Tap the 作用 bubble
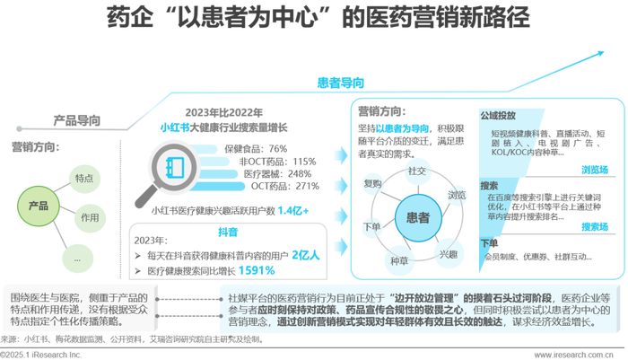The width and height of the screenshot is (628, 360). coord(89,218)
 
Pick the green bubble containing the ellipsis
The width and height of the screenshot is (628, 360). coord(78,258)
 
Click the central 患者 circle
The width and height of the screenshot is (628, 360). coord(417,218)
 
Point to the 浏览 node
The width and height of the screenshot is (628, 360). coord(457,195)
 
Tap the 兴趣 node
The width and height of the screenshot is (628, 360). coord(448,253)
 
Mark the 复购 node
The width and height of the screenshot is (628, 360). coord(372,184)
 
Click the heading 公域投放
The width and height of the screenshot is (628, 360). coord(498,116)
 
